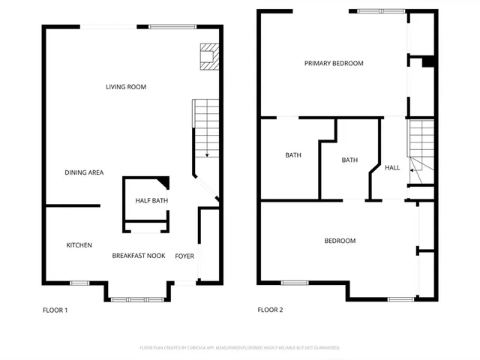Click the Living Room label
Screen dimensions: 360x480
tap(125, 87)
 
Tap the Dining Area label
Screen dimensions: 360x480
tap(83, 172)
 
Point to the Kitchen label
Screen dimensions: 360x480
tap(79, 245)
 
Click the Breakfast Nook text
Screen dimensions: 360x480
tap(139, 256)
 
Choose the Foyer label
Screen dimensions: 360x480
tap(184, 256)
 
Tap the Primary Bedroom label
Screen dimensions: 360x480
tap(334, 64)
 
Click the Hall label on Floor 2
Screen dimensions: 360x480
tap(392, 168)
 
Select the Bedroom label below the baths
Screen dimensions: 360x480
tap(340, 241)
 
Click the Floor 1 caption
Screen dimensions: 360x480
tap(55, 310)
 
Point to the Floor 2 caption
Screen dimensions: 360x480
tap(270, 310)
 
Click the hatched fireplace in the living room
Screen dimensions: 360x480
tap(209, 57)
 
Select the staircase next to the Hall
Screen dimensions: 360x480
tap(420, 146)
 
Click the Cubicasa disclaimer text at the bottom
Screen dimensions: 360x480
tap(240, 348)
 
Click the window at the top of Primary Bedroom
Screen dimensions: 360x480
tap(381, 11)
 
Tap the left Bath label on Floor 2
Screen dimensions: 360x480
tap(292, 156)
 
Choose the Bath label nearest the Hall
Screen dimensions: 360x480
tap(349, 160)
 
